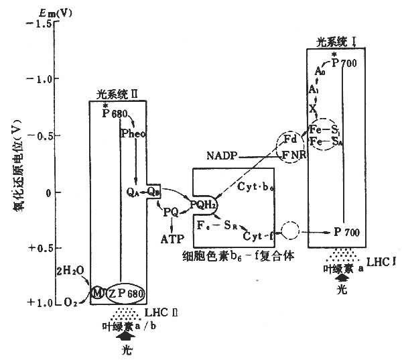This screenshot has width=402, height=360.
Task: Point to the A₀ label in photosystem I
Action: click(320, 70)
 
